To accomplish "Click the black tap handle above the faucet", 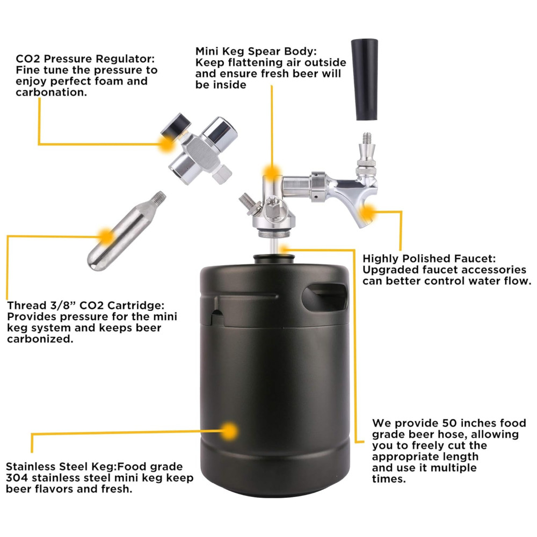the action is tap(365, 79).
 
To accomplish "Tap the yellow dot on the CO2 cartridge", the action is tap(106, 236).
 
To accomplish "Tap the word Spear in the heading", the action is tap(264, 52).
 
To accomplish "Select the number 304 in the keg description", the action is tap(17, 478).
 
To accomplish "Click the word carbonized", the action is tap(40, 339).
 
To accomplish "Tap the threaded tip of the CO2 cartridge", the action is tap(160, 197).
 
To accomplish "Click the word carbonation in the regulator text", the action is tap(52, 92).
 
